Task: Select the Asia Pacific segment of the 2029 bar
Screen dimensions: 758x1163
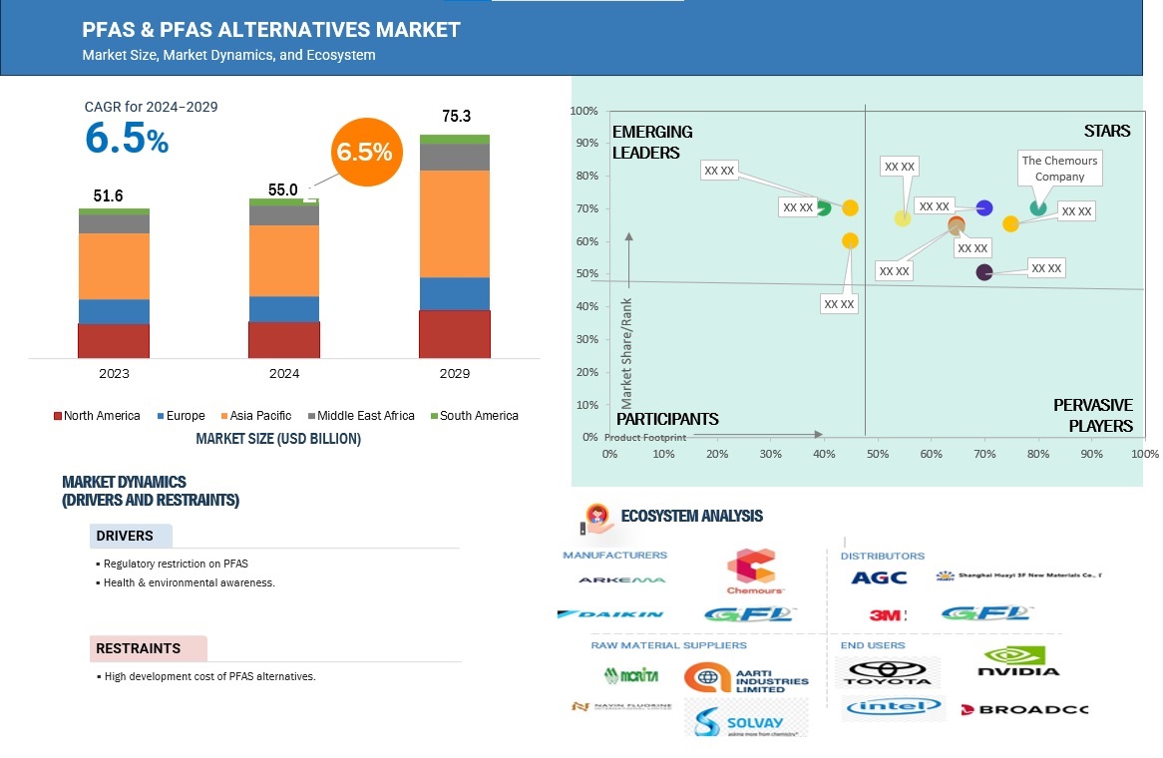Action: (x=454, y=223)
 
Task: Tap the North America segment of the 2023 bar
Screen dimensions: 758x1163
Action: (x=114, y=340)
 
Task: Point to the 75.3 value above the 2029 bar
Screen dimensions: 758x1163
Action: (x=455, y=117)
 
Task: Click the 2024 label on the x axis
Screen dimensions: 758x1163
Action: (x=283, y=374)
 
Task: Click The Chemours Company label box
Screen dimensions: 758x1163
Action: (x=1058, y=168)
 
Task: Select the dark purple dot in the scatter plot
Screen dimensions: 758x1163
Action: (x=984, y=272)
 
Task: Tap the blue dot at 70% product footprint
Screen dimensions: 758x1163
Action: (x=984, y=207)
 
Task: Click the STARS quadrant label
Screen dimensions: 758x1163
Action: (x=1107, y=131)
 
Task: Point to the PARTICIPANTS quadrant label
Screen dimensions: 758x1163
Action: (x=665, y=418)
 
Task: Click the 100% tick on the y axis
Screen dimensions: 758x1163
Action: (x=584, y=111)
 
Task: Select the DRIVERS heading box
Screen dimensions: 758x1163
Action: (x=131, y=536)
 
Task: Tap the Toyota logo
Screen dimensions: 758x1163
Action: (x=887, y=673)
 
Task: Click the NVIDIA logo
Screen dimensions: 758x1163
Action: (x=1020, y=662)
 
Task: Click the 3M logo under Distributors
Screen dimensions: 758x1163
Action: (x=887, y=615)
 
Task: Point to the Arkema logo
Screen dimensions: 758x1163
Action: (x=621, y=579)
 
